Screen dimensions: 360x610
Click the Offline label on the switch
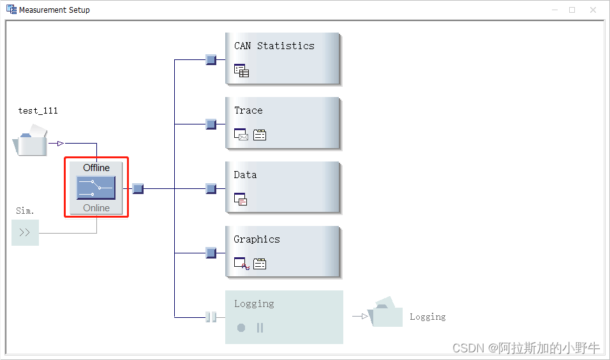(x=96, y=167)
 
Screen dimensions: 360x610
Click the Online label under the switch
(x=96, y=208)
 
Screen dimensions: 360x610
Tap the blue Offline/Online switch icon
(x=96, y=188)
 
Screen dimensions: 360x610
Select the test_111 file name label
(x=38, y=110)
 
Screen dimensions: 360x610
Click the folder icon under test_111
(x=31, y=142)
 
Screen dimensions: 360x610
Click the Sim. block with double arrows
(x=25, y=232)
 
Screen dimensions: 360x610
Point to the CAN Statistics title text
(x=274, y=46)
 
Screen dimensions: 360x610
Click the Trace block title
(x=248, y=110)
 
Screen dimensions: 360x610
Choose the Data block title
(x=245, y=175)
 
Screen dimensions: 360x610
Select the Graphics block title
(x=257, y=239)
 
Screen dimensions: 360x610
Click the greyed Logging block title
(x=253, y=304)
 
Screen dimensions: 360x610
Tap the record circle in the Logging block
(x=241, y=327)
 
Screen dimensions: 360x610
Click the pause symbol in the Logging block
(x=260, y=327)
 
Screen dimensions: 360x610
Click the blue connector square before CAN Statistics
(x=211, y=60)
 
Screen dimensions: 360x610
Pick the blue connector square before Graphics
(x=211, y=253)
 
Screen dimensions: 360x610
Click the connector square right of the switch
(x=138, y=188)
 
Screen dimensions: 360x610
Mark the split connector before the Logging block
(x=211, y=317)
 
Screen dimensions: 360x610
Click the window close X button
(x=593, y=10)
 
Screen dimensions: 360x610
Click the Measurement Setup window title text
(x=54, y=10)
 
